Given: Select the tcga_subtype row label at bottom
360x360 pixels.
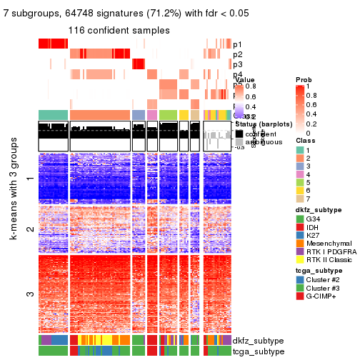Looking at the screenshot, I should [258, 351].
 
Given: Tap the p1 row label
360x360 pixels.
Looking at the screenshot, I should [237, 44].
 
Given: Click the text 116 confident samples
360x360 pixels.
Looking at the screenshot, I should [119, 30].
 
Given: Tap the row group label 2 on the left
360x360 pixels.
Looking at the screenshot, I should [29, 229].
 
